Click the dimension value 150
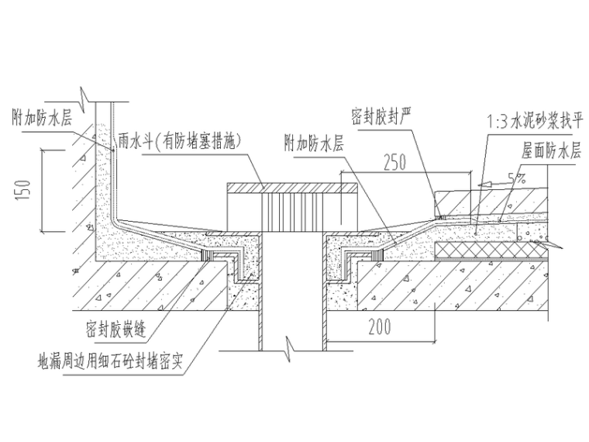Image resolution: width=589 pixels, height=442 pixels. pyautogui.click(x=25, y=189)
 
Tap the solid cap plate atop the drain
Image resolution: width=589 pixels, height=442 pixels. pyautogui.click(x=291, y=188)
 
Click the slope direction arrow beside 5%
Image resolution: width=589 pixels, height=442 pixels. pyautogui.click(x=490, y=185)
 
